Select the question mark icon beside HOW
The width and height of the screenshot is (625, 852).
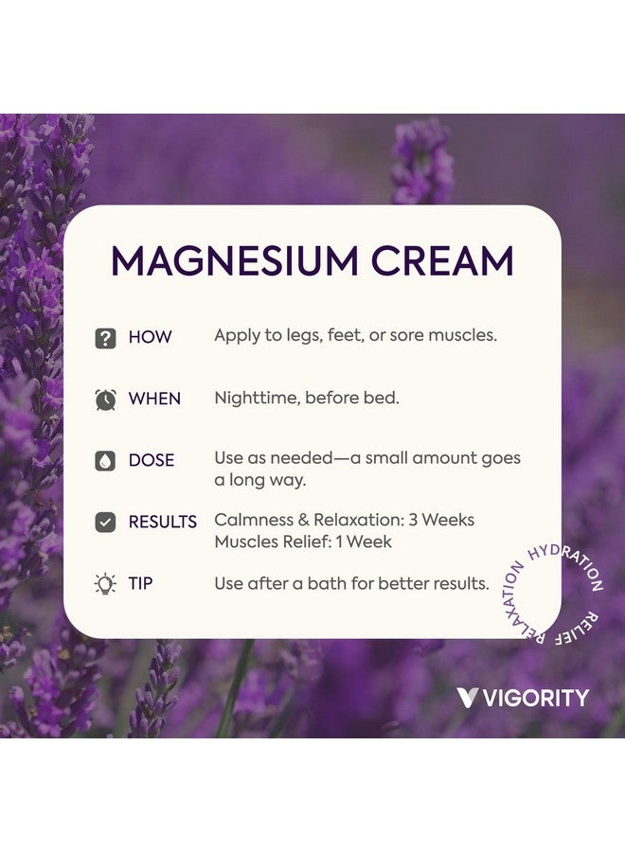click(x=105, y=338)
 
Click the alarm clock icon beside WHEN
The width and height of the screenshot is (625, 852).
click(x=105, y=399)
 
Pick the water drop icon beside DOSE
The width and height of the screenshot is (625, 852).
click(x=105, y=461)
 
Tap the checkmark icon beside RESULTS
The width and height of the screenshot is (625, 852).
click(x=105, y=522)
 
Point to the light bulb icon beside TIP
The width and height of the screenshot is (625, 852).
click(x=105, y=584)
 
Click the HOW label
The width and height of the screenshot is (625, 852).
click(x=150, y=337)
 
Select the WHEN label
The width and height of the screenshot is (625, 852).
click(x=154, y=399)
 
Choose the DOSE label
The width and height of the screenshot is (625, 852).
click(x=152, y=460)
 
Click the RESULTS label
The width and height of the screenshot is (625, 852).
click(x=163, y=522)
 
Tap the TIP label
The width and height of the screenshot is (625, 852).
click(x=141, y=583)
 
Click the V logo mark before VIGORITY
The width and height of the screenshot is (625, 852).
click(x=467, y=699)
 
